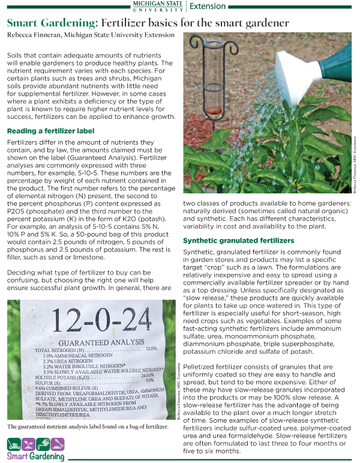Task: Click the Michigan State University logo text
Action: tap(157, 6)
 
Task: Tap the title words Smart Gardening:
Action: tap(52, 23)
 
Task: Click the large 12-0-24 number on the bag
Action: tap(91, 318)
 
